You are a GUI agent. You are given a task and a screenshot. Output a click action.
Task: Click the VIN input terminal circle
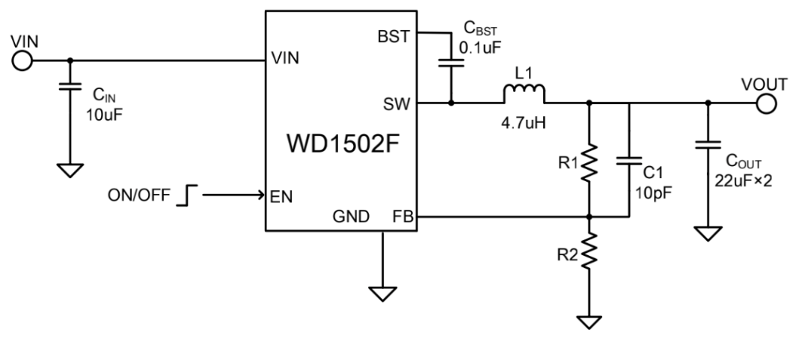(x=23, y=61)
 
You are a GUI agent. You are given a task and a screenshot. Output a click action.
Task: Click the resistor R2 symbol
(x=590, y=250)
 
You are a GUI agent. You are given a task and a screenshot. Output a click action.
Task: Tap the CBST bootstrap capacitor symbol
(x=451, y=65)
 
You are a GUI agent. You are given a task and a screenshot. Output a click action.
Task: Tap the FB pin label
(x=401, y=217)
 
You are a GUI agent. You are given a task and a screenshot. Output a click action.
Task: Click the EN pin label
(x=283, y=197)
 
